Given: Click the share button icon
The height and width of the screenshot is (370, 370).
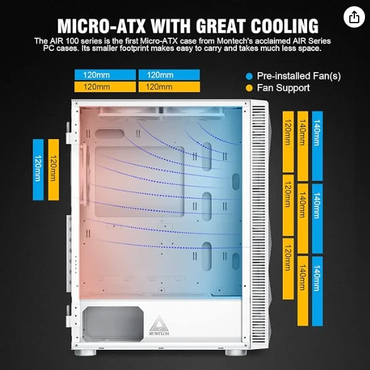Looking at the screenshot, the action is tap(354, 17).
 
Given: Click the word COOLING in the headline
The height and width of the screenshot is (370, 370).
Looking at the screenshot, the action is tap(285, 26).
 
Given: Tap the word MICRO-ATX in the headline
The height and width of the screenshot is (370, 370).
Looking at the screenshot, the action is tap(101, 26).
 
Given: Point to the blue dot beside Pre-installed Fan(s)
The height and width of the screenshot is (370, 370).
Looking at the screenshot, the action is tap(249, 77).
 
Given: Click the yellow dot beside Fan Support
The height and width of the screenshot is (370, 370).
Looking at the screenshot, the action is tap(249, 88).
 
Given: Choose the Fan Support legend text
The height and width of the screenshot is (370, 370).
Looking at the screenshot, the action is tap(283, 88).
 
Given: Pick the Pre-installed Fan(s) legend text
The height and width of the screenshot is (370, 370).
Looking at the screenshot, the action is tap(299, 76).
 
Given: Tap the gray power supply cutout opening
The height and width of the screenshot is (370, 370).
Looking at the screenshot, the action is tap(113, 324).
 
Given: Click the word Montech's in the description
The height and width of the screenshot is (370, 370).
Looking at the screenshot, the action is tap(239, 41).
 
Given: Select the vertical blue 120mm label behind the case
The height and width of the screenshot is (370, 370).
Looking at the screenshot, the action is tap(38, 170).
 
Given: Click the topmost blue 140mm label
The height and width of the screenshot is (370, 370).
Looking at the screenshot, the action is tap(317, 146).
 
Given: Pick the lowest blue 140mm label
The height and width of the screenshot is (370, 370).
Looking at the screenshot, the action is tap(317, 291).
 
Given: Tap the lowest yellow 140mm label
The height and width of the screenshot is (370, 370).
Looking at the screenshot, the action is tap(303, 291).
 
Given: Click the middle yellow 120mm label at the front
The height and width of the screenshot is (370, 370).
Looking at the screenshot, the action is tap(288, 205).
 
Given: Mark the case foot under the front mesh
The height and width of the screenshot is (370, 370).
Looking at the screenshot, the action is tap(235, 352).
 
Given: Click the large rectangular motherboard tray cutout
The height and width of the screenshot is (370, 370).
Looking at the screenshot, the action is tap(139, 181).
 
